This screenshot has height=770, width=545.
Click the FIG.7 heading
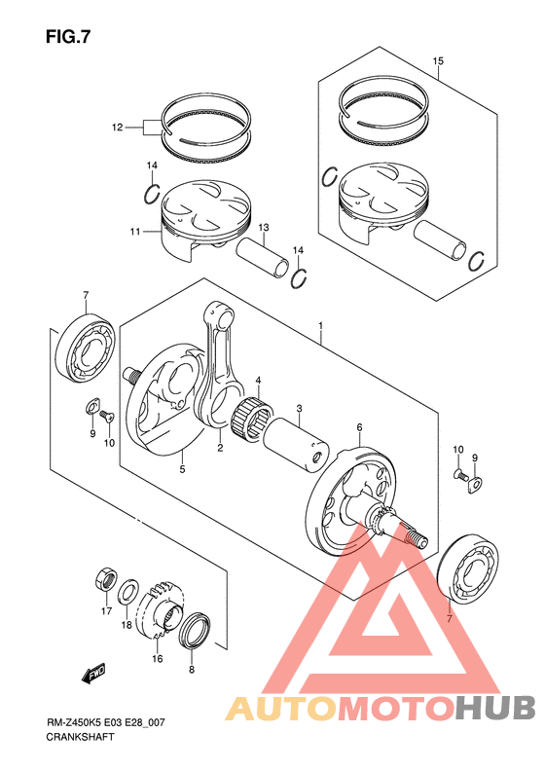[x=68, y=37]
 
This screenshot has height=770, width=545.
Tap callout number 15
[x=438, y=61]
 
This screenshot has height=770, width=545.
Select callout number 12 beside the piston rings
[x=117, y=128]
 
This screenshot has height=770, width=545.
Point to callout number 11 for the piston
[x=135, y=231]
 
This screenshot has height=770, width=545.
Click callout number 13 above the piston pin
[x=264, y=228]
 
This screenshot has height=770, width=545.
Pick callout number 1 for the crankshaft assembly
[x=320, y=325]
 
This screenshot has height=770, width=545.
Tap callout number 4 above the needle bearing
[x=258, y=380]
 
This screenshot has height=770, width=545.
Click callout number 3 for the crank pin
[x=299, y=408]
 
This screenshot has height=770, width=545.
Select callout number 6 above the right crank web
[x=359, y=427]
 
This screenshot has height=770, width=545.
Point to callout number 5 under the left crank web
[x=182, y=469]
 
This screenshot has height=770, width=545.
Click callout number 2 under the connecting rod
[x=220, y=448]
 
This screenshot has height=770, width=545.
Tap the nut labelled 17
[x=105, y=578]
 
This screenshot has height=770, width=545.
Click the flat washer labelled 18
[x=127, y=592]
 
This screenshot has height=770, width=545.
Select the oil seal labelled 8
[x=195, y=630]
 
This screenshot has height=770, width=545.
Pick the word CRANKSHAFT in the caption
[x=80, y=737]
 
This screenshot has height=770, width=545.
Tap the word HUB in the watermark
[x=495, y=709]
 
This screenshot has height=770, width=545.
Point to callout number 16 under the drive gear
[x=157, y=658]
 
